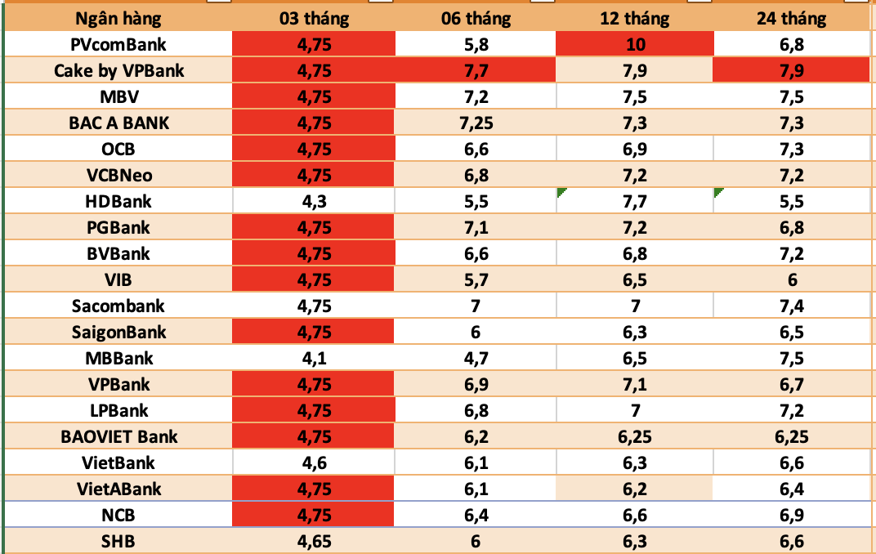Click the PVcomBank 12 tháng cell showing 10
[634, 44]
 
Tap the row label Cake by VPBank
[119, 70]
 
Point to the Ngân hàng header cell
[119, 18]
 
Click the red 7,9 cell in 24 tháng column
[791, 70]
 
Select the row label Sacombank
[119, 306]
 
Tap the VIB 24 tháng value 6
[791, 279]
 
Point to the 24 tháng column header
[791, 18]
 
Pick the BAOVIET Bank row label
[119, 436]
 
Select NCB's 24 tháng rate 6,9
[791, 515]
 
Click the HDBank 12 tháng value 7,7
[634, 201]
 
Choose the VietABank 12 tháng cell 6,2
[634, 489]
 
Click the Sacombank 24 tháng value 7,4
[791, 306]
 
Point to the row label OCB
[119, 149]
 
